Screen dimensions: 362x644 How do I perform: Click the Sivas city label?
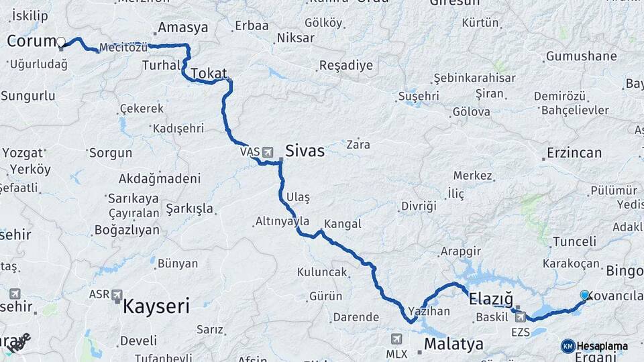(x=305, y=151)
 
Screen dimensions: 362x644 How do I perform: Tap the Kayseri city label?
(x=156, y=307)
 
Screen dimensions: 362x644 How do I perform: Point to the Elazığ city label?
(x=491, y=298)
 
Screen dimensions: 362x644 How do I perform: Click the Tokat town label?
(x=209, y=73)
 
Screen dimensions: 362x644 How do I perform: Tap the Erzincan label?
(x=574, y=153)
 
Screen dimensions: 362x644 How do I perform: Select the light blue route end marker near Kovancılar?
(x=584, y=295)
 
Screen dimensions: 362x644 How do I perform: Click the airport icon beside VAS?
(x=268, y=152)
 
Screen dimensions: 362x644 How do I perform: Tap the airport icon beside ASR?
(x=117, y=294)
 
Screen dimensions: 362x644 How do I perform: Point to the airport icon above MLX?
(x=396, y=339)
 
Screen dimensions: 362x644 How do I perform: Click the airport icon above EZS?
(x=520, y=316)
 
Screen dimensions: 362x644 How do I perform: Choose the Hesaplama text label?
(x=602, y=346)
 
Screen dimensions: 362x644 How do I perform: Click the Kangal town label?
(x=342, y=224)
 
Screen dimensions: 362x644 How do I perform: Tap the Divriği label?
(x=419, y=206)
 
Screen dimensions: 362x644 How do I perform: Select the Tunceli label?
(x=574, y=241)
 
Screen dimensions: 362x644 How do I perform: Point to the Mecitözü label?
(x=122, y=48)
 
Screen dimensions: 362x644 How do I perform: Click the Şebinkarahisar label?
(x=474, y=78)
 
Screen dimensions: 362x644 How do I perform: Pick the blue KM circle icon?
(x=568, y=346)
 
